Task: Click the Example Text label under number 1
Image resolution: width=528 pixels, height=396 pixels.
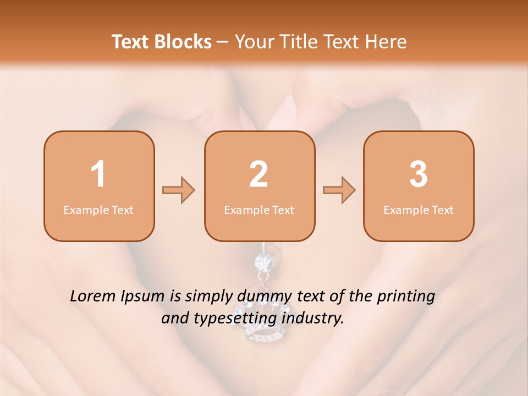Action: [98, 210]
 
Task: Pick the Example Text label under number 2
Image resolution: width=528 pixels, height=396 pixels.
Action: [259, 210]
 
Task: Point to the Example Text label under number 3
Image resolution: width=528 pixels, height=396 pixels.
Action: [419, 210]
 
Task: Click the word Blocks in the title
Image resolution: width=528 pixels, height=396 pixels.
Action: [184, 42]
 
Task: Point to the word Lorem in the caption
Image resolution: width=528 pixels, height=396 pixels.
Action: [93, 296]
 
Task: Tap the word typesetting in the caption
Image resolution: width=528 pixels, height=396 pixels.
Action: [236, 319]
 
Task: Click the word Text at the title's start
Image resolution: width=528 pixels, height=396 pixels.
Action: [133, 42]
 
